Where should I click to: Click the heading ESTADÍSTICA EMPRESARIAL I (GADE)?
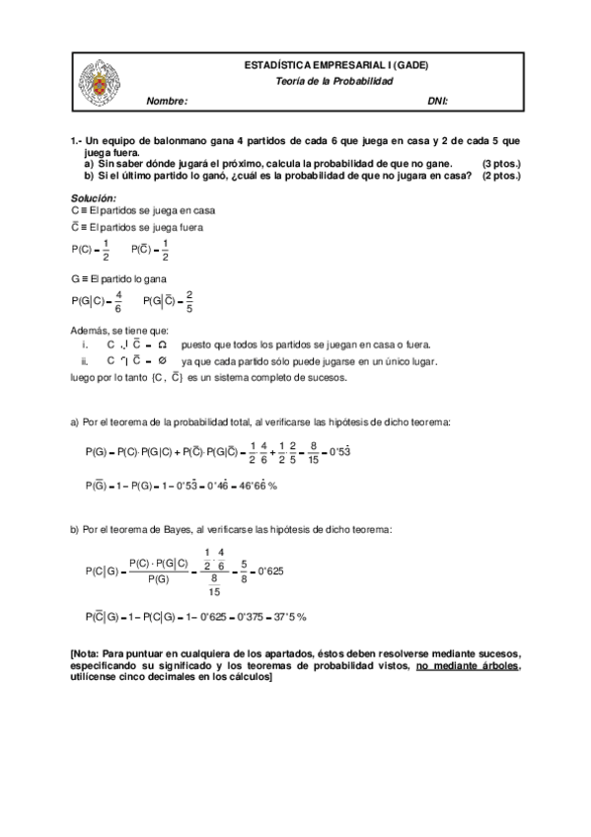coord(335,65)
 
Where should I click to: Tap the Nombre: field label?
coord(166,101)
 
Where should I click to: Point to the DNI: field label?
coord(438,101)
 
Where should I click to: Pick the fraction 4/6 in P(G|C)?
coord(118,301)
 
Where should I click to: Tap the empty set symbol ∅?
coord(161,361)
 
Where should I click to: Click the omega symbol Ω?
coord(162,345)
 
